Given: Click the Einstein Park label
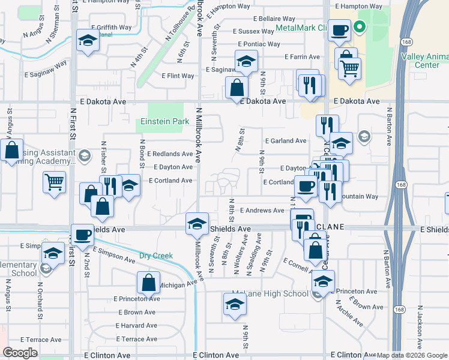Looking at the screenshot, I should pos(164,121).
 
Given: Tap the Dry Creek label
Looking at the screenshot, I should pos(156,256).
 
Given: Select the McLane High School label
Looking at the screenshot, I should pos(270,293).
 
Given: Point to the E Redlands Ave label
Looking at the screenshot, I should pos(170,154).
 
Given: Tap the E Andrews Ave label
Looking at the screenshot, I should pos(262,211).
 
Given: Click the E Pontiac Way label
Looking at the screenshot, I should pos(259,44).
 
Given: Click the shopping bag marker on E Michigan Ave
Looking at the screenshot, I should pos(148,283).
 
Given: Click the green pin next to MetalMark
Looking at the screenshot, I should pos(359,27).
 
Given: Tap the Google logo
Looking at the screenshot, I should pos(20,353).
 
